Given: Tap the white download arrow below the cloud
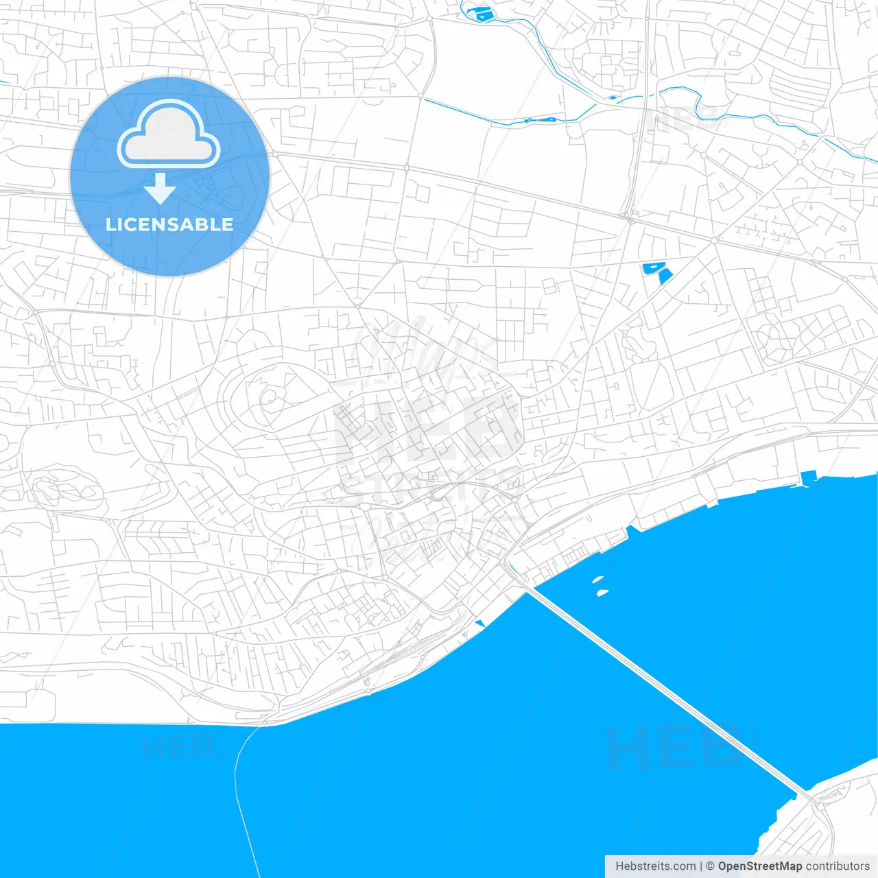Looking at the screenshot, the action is tap(161, 189).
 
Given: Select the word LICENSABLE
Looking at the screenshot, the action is tap(169, 225).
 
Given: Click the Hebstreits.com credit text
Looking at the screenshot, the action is tap(655, 866).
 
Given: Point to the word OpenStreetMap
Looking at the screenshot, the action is tap(759, 866).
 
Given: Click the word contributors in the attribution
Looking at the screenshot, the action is tap(838, 866).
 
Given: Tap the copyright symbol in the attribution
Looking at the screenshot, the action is tap(710, 866).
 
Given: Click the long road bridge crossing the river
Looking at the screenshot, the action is tap(665, 693).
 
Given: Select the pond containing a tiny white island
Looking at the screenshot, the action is tap(650, 268).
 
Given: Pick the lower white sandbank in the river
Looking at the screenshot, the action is tap(602, 592).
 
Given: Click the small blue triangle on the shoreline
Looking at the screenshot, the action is tap(479, 623).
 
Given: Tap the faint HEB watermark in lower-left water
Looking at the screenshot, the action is tap(177, 746).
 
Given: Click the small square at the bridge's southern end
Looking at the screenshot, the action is tap(812, 799).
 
